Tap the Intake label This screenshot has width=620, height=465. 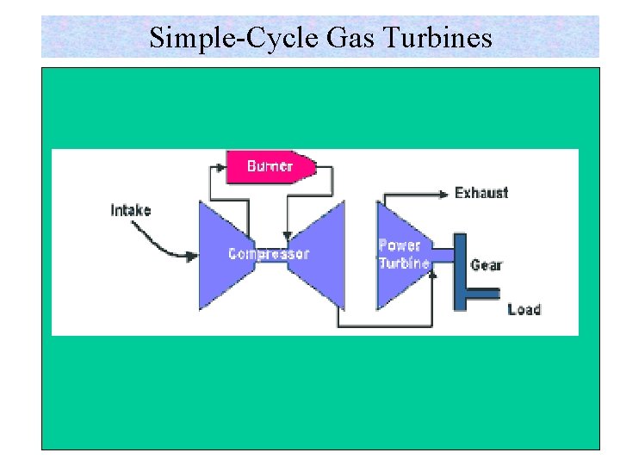(x=131, y=209)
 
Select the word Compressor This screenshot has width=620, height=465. (x=269, y=253)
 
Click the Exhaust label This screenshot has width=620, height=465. (x=481, y=192)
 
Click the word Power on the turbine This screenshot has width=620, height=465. (x=399, y=245)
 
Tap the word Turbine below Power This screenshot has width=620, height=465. (x=404, y=263)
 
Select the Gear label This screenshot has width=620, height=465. (x=487, y=264)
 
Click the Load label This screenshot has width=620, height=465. (x=524, y=309)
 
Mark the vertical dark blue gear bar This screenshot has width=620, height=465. (x=461, y=271)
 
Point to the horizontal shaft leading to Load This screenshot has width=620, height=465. (x=482, y=294)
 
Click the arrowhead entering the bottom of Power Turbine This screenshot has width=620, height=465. (x=433, y=272)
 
